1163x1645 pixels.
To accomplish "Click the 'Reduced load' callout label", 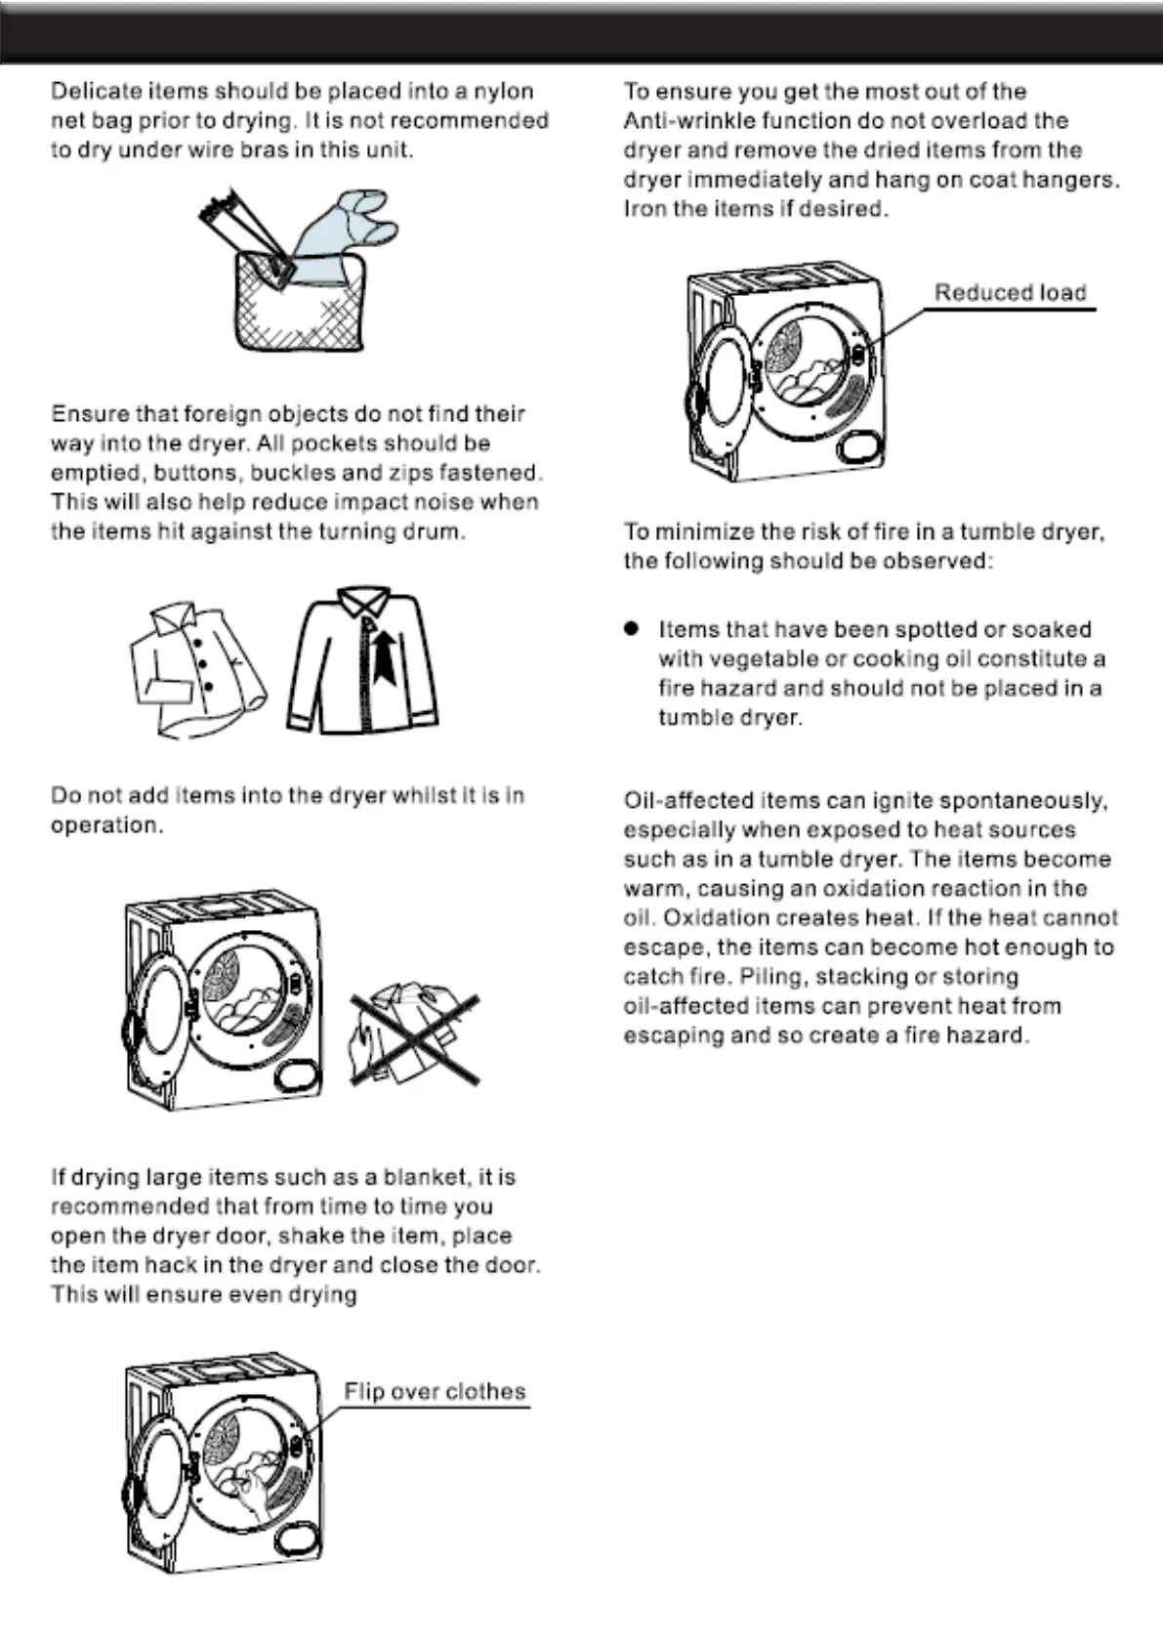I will click(1010, 293).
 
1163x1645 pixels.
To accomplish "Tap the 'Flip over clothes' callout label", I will click(435, 1391).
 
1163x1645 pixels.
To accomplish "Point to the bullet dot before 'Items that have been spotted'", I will click(632, 628).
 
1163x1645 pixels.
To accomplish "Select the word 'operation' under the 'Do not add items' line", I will click(104, 825).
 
